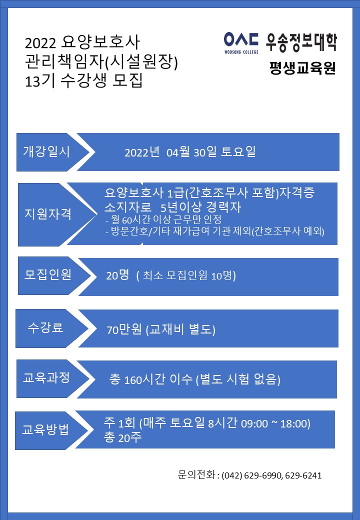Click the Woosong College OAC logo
tap(241, 42)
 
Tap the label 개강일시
tap(46, 151)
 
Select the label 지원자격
tap(47, 214)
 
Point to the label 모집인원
tap(47, 274)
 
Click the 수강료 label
tap(45, 327)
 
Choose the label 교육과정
tap(46, 377)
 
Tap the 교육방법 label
tap(45, 429)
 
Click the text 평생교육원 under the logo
tap(302, 68)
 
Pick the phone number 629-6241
tap(303, 475)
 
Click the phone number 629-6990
tap(263, 475)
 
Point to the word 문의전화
tap(196, 475)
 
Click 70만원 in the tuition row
tap(124, 329)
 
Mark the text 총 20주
tap(122, 437)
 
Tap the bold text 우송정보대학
tap(301, 42)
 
